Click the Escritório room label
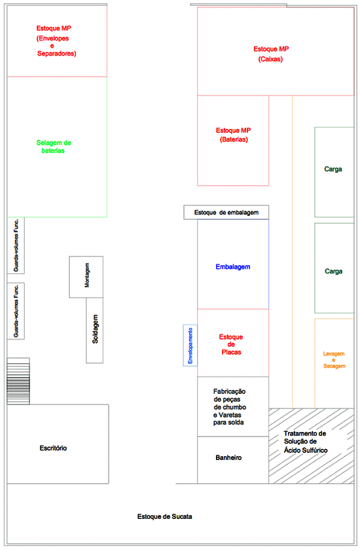53,448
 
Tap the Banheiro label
228,457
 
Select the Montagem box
86,277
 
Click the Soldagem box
94,330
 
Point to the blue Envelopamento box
190,346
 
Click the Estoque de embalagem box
226,212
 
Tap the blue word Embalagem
233,267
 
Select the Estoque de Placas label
231,344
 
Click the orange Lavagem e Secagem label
334,360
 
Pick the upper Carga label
333,169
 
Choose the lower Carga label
333,272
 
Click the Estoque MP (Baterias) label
234,135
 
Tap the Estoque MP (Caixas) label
271,54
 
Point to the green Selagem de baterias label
54,147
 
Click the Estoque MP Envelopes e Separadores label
56,41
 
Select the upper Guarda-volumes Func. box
16,245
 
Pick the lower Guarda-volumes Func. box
16,311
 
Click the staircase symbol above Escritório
18,381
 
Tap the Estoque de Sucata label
164,516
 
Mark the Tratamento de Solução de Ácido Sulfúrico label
306,442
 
